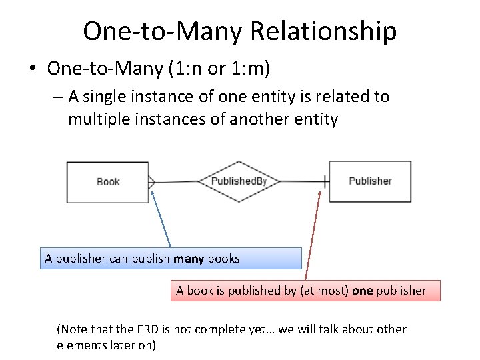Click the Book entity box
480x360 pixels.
(107, 181)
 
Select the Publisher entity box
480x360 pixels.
(370, 181)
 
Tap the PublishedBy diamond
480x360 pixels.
(239, 181)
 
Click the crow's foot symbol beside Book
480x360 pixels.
(151, 181)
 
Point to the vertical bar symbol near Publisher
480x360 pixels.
(325, 181)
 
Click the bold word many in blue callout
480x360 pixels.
(189, 259)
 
